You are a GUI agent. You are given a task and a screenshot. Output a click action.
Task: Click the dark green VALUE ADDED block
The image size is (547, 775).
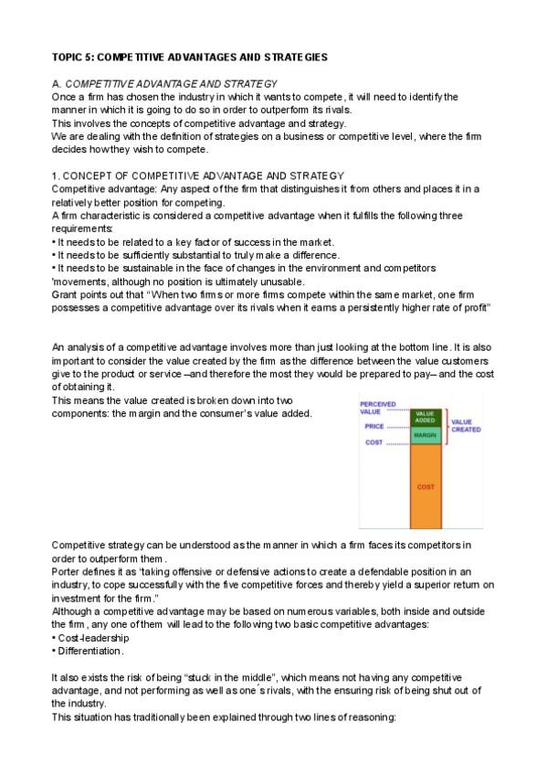coord(426,416)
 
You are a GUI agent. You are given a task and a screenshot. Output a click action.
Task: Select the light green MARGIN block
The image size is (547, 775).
coord(426,435)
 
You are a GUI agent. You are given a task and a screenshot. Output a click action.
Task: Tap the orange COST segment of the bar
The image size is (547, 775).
coord(426,486)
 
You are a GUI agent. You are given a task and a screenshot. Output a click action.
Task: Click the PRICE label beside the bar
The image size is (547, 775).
coord(374,426)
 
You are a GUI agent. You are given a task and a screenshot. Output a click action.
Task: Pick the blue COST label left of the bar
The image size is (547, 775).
coord(374,442)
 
